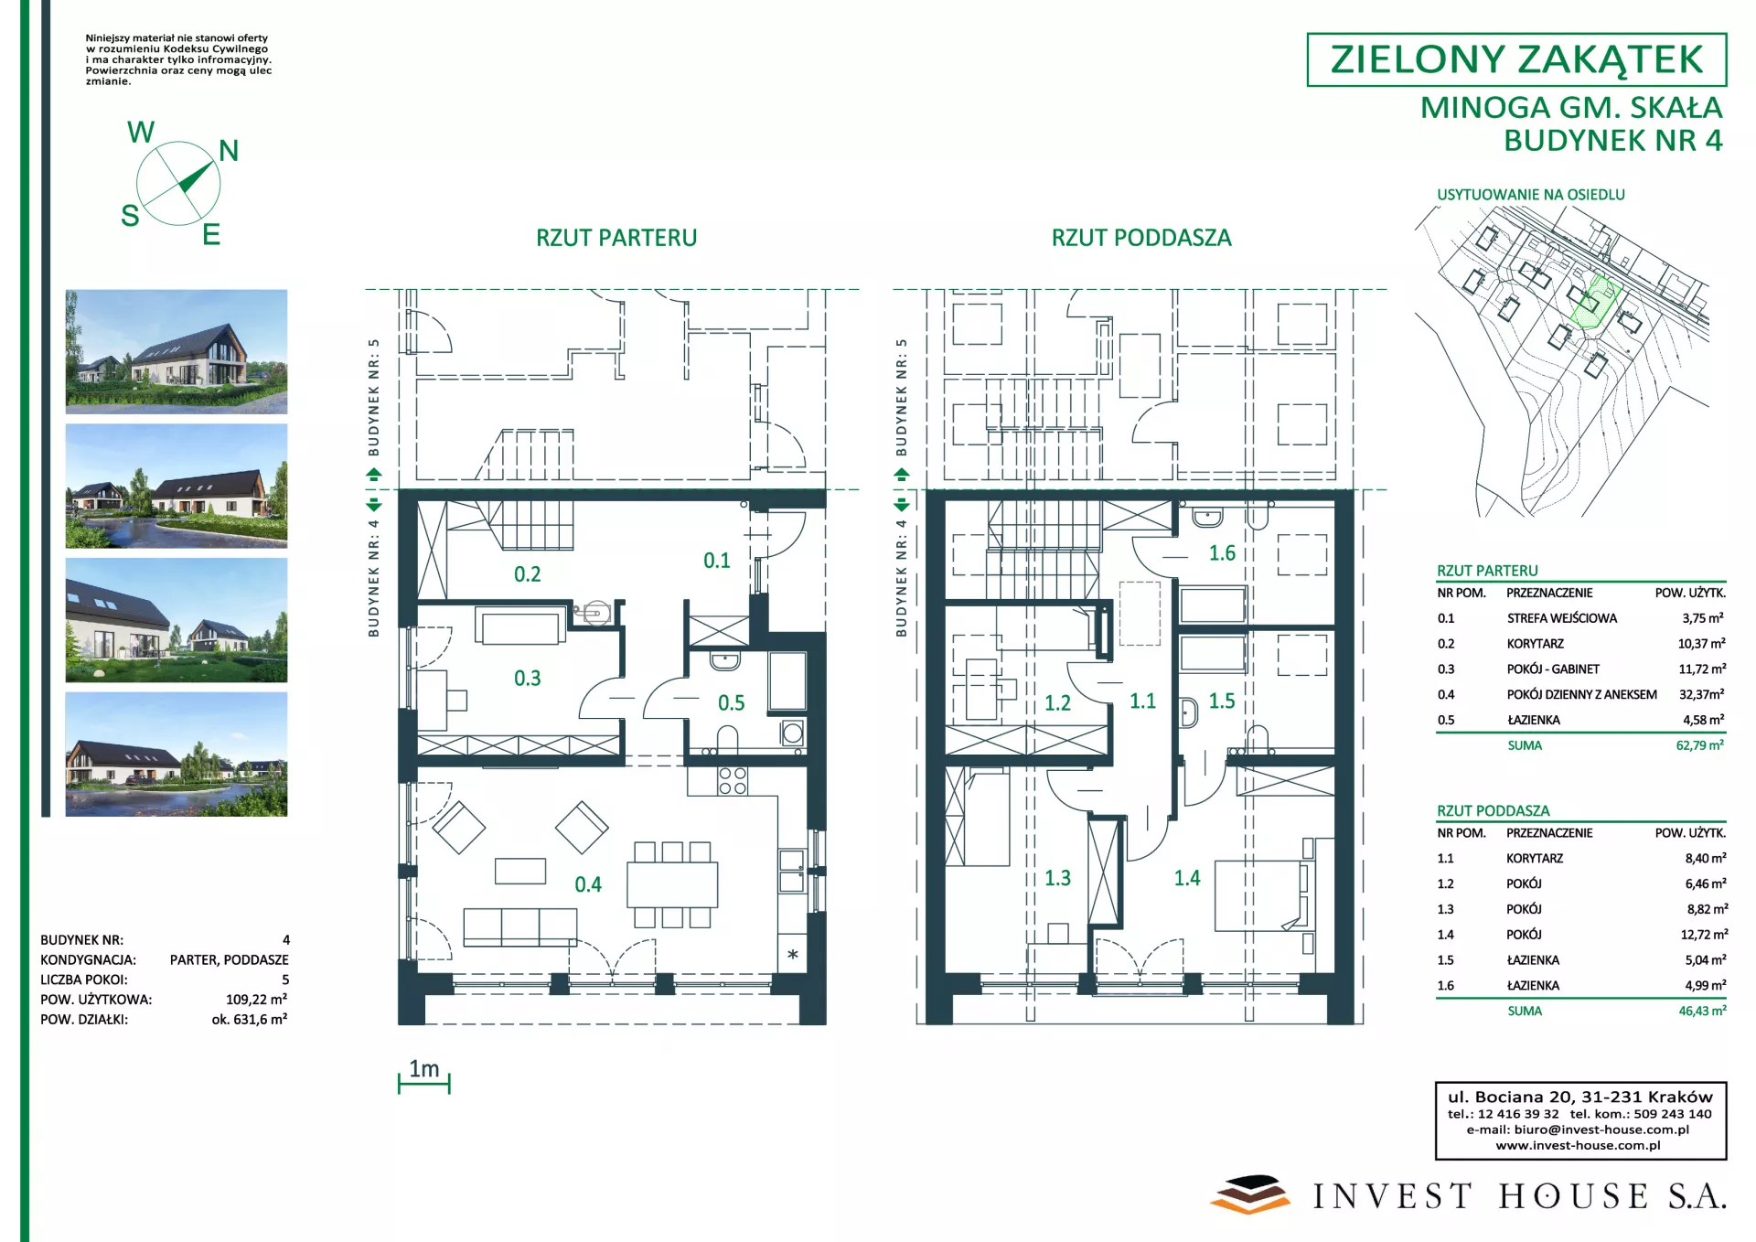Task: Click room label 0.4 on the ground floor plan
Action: pos(588,884)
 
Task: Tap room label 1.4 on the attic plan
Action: pos(1187,878)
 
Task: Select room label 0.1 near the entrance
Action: pos(717,561)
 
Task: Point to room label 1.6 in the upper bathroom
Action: pos(1222,553)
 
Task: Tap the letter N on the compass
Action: pos(229,151)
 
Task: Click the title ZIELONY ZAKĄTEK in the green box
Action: pos(1516,59)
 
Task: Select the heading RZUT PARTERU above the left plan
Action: pos(616,238)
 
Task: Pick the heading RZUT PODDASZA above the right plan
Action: pos(1141,238)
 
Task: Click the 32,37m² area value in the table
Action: pos(1702,694)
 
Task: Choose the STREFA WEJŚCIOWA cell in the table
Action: pos(1562,618)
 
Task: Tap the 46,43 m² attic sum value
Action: pos(1703,1011)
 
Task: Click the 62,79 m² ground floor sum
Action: pos(1700,745)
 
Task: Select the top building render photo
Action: pos(177,352)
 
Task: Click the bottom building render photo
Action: pos(177,754)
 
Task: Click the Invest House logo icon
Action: pos(1249,1194)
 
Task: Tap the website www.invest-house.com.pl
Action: pos(1578,1145)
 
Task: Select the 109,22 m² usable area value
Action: pos(257,1000)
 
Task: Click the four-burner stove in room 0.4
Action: pos(733,780)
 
